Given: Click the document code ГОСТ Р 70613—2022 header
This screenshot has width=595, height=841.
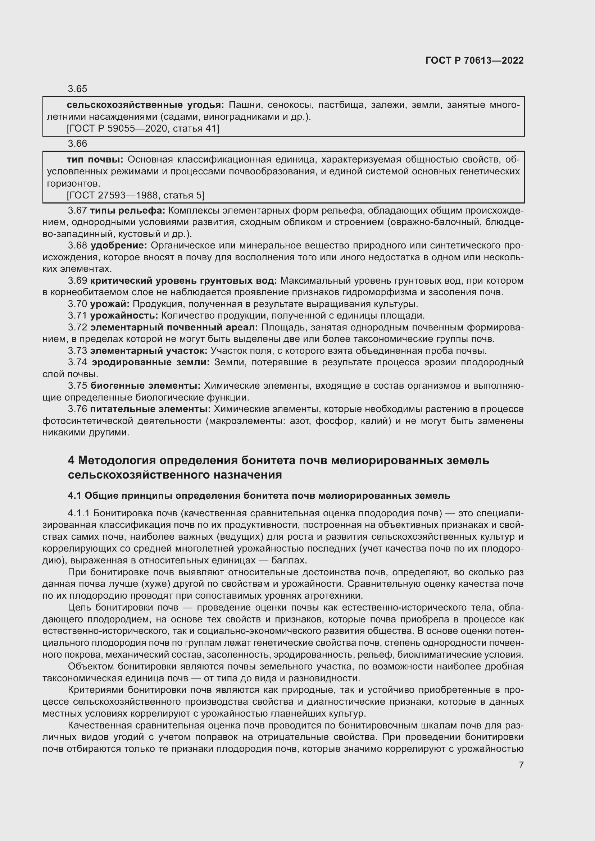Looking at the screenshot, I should point(474,60).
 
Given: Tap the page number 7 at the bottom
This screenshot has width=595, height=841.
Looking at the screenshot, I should point(521,765).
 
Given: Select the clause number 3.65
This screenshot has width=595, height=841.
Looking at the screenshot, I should point(77,89).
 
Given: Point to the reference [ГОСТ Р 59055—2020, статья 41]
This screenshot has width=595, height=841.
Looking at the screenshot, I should point(143,129).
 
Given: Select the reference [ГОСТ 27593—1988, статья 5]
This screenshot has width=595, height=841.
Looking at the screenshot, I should point(136,195).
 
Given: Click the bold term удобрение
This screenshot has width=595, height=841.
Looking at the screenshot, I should point(119,246).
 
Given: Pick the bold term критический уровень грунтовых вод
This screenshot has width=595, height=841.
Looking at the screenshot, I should point(183,280).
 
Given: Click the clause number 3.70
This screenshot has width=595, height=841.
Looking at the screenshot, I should point(77,304).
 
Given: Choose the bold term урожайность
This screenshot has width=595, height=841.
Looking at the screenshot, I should point(124,316).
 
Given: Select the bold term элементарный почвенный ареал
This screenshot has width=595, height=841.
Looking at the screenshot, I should point(174,328).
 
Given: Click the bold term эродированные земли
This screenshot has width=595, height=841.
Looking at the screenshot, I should point(151,363).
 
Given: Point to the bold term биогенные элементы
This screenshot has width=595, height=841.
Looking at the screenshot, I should point(145,386).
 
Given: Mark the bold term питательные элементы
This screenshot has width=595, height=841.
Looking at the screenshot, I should point(150,409).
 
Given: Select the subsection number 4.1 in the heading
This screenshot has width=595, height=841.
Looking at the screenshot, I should point(75,495).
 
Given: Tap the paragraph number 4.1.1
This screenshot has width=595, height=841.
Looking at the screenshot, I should point(78,513).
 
